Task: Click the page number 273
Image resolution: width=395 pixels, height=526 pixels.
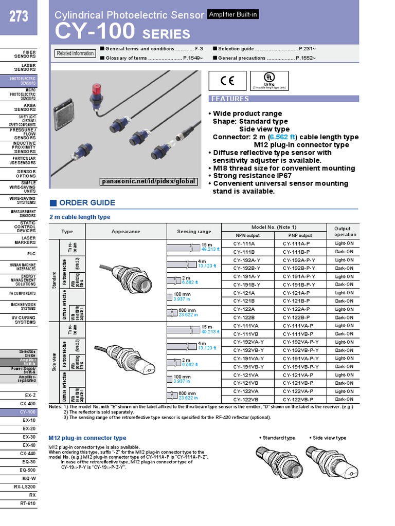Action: [18, 17]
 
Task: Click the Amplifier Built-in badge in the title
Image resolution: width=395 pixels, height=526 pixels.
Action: [232, 15]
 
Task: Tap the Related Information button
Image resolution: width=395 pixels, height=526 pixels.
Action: [75, 53]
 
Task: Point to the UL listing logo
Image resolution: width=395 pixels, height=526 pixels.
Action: [268, 80]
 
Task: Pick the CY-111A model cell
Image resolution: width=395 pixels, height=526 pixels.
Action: [244, 243]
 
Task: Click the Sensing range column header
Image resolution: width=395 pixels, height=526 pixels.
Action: [193, 231]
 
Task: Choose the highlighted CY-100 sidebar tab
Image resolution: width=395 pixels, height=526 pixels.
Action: [28, 412]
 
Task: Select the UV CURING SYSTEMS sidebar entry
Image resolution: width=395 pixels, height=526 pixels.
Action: [25, 319]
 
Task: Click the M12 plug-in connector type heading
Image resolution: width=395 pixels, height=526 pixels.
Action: [87, 438]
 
